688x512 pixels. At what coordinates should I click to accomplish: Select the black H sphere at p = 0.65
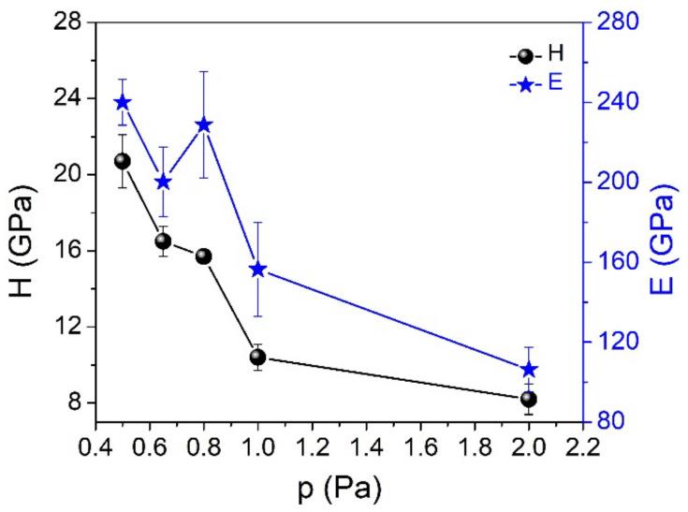[163, 241]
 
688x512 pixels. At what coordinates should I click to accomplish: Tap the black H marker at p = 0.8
[203, 256]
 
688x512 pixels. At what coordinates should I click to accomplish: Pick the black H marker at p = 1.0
[257, 358]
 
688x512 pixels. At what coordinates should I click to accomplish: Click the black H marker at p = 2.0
[528, 400]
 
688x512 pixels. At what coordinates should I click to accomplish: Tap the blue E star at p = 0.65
[163, 182]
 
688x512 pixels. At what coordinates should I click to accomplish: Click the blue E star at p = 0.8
[203, 124]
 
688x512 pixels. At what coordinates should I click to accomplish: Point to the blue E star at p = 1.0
[257, 270]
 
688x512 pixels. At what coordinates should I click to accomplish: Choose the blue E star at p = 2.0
[528, 370]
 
